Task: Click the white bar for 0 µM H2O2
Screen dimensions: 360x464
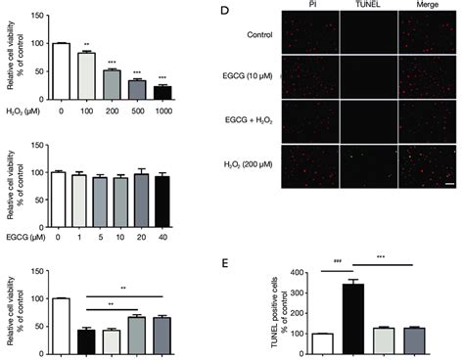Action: pos(62,71)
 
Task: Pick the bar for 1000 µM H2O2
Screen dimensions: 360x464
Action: pos(162,93)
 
